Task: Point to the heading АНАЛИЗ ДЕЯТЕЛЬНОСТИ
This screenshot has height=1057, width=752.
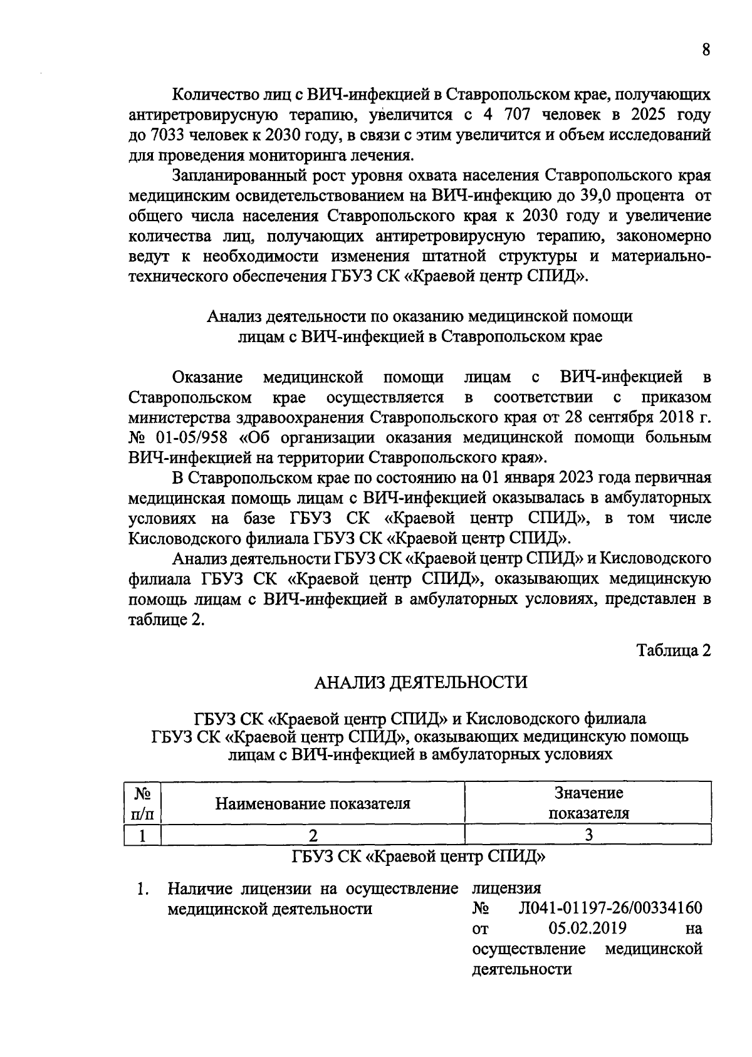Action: point(420,682)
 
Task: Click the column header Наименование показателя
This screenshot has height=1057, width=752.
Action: point(313,803)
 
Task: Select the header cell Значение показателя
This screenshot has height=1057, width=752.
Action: point(588,803)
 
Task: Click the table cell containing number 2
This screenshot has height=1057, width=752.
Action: point(313,835)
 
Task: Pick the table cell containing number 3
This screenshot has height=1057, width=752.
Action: point(588,835)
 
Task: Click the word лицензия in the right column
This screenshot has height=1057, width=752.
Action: point(506,888)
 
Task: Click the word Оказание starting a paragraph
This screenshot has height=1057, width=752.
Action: point(207,378)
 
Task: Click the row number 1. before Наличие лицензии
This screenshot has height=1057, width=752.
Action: point(144,888)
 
